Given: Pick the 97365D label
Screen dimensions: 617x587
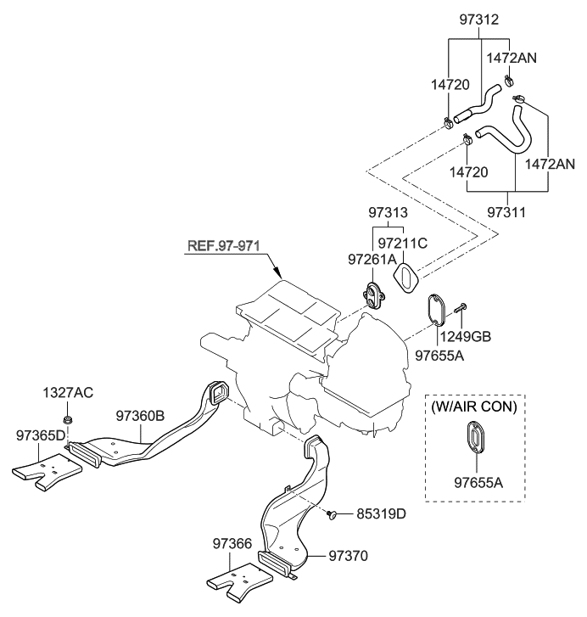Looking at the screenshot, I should point(40,435).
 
